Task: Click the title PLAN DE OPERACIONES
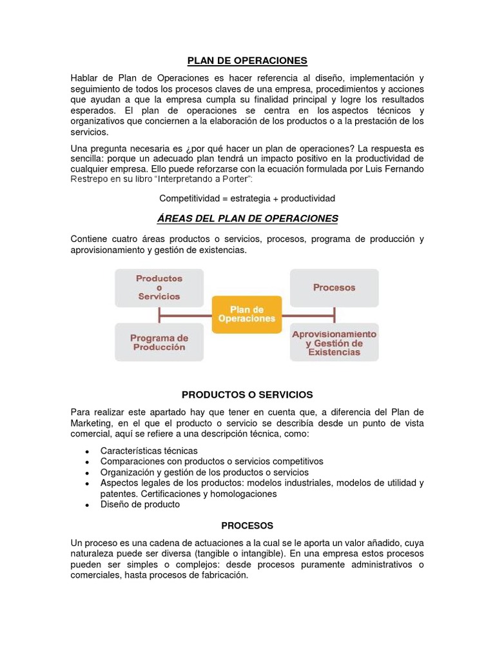tap(247, 61)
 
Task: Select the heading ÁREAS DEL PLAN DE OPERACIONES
tap(247, 218)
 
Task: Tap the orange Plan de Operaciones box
tap(247, 314)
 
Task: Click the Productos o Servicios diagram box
tap(159, 287)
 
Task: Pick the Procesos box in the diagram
tap(334, 287)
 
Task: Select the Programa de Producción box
tap(159, 342)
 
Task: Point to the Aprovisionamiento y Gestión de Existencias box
tap(334, 343)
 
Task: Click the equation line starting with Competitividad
tap(247, 198)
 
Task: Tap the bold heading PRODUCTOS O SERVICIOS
tap(247, 394)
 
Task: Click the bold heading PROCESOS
tap(247, 525)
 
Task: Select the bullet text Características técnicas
tap(149, 451)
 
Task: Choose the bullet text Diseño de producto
tap(140, 504)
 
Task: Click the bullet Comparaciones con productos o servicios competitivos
tap(211, 462)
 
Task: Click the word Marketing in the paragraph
tap(94, 423)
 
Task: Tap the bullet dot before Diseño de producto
tap(87, 505)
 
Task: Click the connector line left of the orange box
tap(186, 316)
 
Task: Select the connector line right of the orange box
tap(308, 316)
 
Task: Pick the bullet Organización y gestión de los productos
tap(204, 473)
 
